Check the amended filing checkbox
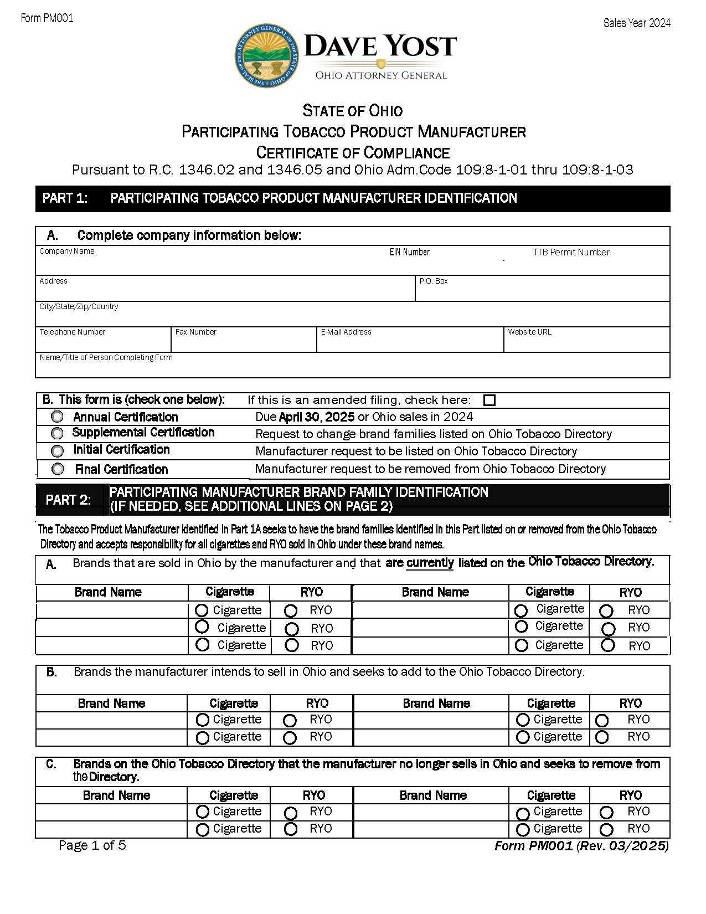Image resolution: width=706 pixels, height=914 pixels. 489,400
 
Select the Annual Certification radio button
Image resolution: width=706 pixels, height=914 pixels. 57,417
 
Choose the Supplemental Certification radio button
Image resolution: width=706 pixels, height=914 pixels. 57,433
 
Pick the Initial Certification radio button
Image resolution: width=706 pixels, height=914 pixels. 57,450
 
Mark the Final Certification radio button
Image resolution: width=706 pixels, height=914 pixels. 58,469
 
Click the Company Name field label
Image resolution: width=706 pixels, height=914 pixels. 66,251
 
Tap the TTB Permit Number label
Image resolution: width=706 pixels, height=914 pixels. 571,252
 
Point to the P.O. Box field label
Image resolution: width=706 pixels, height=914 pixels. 434,281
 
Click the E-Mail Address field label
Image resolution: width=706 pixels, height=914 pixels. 346,332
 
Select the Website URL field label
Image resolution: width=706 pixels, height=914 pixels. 529,332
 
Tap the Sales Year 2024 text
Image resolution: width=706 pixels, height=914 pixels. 637,23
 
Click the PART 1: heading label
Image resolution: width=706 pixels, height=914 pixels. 65,198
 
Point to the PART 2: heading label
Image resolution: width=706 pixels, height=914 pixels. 68,500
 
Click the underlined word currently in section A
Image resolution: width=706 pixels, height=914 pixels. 430,563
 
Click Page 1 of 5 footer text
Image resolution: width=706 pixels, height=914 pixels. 92,845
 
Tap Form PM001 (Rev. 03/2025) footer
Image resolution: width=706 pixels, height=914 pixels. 581,846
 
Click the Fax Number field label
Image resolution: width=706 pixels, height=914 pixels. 195,332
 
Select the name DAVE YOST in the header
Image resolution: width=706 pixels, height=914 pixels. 380,46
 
